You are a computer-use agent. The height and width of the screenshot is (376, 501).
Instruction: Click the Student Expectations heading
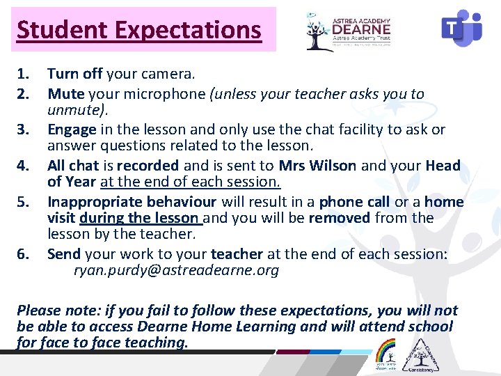pos(139,30)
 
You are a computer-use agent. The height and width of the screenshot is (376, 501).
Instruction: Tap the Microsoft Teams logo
pos(461,29)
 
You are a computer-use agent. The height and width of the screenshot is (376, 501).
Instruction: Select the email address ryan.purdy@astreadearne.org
pos(176,271)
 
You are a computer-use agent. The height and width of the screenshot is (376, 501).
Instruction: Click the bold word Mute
pos(66,94)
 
